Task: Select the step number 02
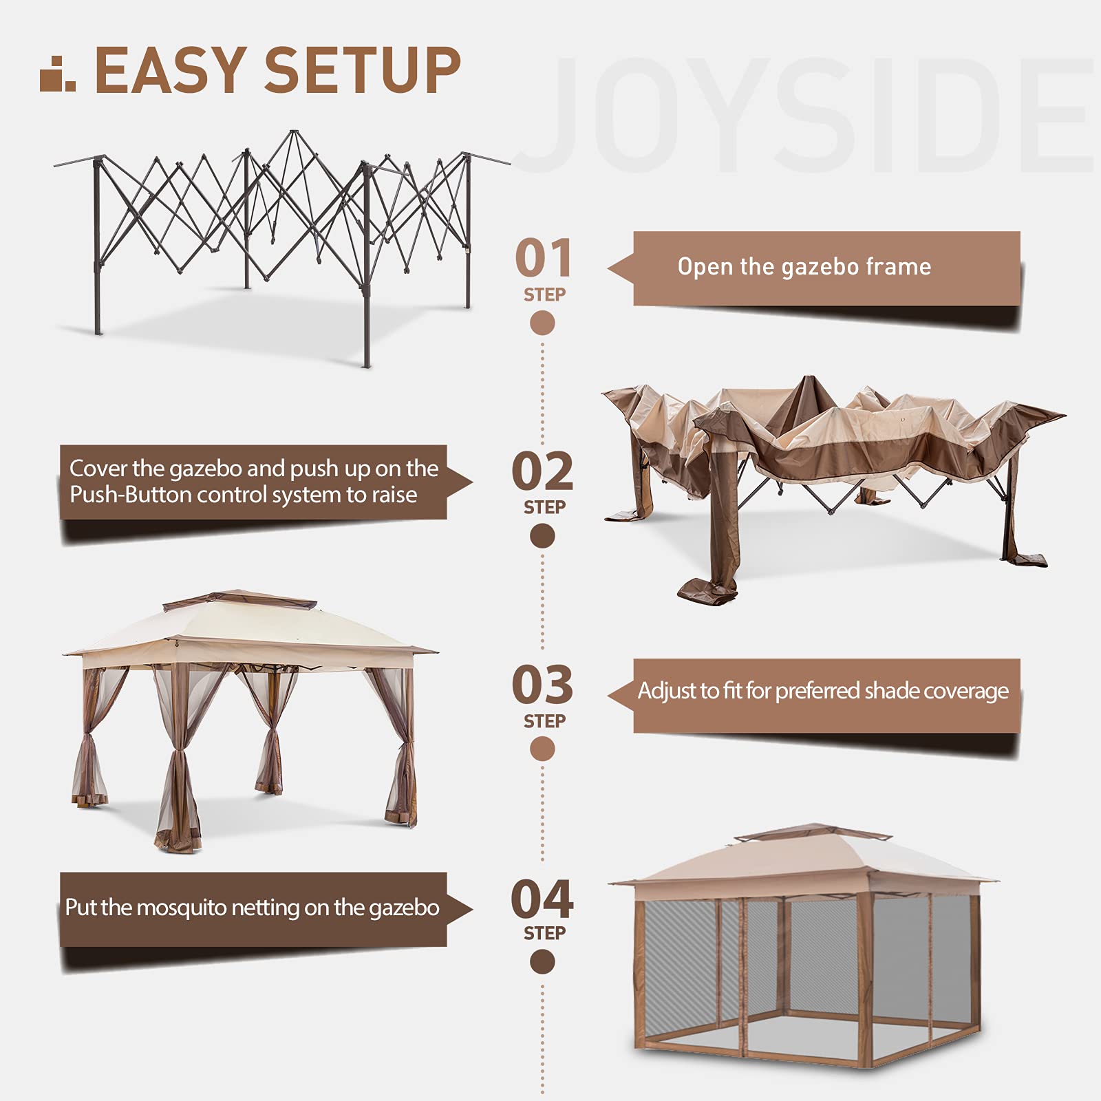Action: [542, 471]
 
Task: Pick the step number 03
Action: [542, 685]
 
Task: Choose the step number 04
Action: [542, 899]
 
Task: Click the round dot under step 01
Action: [542, 323]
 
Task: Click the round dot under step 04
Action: [542, 961]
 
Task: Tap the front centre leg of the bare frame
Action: [366, 275]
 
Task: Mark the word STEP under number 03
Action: [544, 720]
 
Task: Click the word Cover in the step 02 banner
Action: [99, 468]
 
